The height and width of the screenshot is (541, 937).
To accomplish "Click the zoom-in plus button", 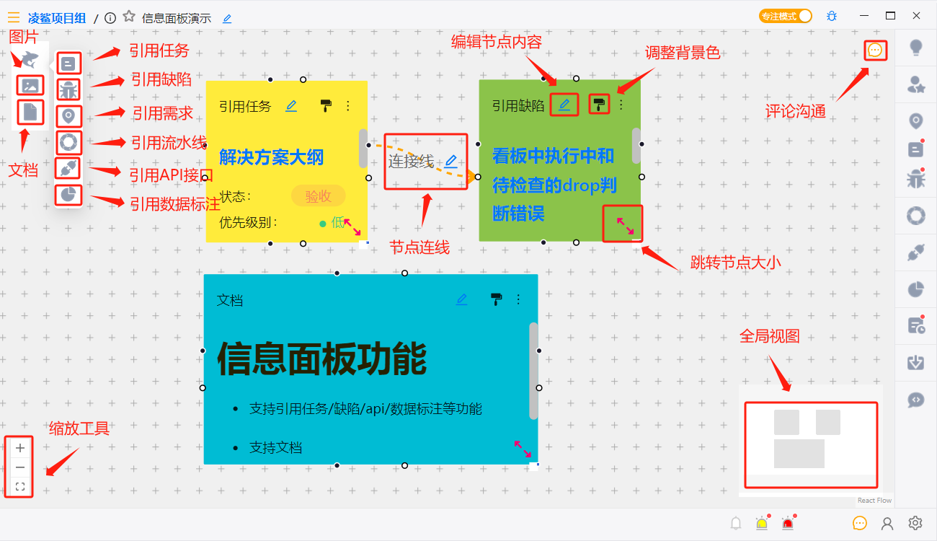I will click(20, 448).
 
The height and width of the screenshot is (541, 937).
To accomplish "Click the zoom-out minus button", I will click(20, 467).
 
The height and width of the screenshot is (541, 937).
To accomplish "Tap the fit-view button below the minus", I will click(20, 487).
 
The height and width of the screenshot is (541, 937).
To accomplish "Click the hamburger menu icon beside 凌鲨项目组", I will click(14, 18).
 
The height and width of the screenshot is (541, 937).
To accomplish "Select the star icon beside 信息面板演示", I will click(129, 17).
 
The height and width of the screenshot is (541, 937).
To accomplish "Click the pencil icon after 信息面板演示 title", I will click(227, 19).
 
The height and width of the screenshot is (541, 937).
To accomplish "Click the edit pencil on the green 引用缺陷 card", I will click(564, 105).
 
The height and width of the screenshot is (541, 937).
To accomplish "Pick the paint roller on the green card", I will click(599, 105).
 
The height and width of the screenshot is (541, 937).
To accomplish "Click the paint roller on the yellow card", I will click(327, 106).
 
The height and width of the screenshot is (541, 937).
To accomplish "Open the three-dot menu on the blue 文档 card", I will click(518, 299).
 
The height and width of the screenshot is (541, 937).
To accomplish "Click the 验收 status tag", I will click(318, 195).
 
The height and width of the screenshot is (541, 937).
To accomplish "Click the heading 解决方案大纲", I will click(271, 157).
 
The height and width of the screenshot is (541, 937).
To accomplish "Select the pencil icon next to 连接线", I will click(451, 161).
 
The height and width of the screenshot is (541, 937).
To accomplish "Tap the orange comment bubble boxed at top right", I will click(875, 50).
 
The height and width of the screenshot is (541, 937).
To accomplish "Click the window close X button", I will click(916, 16).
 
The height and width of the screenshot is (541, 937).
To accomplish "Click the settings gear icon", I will click(915, 523).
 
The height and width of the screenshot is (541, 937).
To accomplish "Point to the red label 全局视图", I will click(769, 336).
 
